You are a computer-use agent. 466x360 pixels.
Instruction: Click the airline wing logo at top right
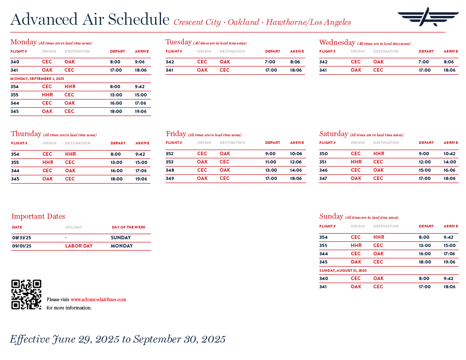click(427, 17)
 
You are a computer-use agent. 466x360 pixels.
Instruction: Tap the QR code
click(26, 294)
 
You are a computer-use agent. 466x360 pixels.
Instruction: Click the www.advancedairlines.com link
click(98, 299)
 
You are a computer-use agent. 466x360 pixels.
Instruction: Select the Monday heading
click(24, 42)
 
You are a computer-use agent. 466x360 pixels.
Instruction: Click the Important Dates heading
click(38, 216)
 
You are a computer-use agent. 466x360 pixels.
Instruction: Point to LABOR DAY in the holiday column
click(79, 246)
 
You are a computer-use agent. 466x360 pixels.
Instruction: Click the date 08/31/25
click(21, 238)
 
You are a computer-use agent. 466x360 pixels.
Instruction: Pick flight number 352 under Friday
click(170, 154)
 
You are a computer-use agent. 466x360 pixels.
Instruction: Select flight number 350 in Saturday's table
click(323, 154)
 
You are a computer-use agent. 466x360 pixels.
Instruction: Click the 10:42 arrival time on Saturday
click(450, 154)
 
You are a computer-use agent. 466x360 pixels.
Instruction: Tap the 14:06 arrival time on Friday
click(296, 170)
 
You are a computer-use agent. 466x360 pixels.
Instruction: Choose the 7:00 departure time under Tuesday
click(270, 62)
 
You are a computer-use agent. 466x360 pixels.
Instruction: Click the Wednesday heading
click(337, 42)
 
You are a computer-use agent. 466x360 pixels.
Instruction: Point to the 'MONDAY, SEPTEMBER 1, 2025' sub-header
click(38, 78)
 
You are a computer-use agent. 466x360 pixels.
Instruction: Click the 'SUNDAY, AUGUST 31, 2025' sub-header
click(343, 270)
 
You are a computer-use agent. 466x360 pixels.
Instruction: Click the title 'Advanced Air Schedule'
click(90, 20)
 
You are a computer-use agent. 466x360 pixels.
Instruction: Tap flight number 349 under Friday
click(170, 178)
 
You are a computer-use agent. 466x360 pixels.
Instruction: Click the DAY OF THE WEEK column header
click(128, 227)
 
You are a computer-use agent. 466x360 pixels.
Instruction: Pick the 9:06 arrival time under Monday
click(140, 62)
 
